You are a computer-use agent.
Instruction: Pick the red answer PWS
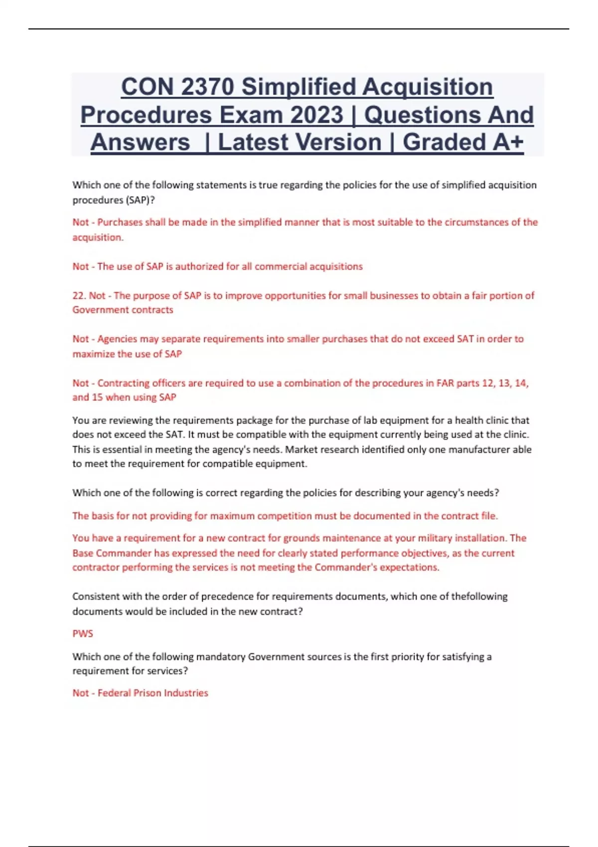83,634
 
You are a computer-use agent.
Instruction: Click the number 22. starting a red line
79,295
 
